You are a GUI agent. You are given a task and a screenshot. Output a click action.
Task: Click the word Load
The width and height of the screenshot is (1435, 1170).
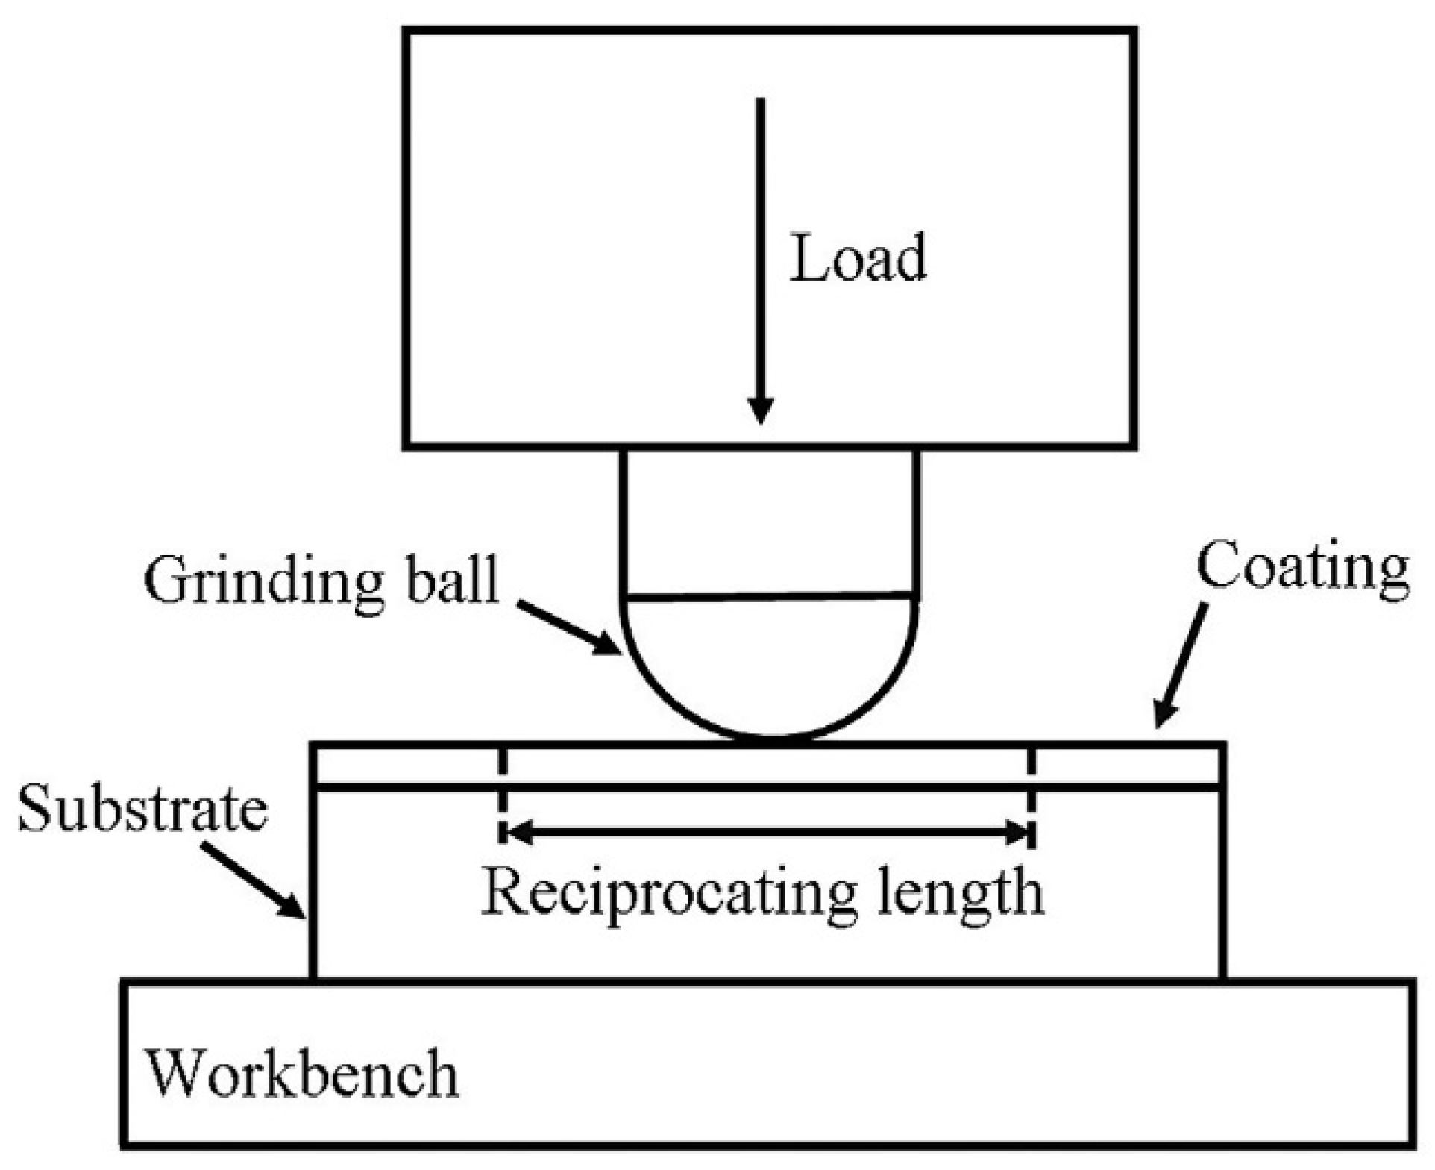[x=858, y=258]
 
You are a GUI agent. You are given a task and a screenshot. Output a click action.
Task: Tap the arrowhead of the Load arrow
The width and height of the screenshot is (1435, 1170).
[x=760, y=411]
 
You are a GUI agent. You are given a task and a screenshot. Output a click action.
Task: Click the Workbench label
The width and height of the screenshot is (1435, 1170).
[x=301, y=1074]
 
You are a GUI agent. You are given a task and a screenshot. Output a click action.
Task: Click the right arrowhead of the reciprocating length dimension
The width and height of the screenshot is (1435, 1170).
[x=1017, y=832]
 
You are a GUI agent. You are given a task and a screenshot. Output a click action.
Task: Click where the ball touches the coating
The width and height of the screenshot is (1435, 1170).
[x=773, y=740]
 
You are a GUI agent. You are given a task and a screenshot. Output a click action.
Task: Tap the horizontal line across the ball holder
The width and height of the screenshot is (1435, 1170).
[x=768, y=597]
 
